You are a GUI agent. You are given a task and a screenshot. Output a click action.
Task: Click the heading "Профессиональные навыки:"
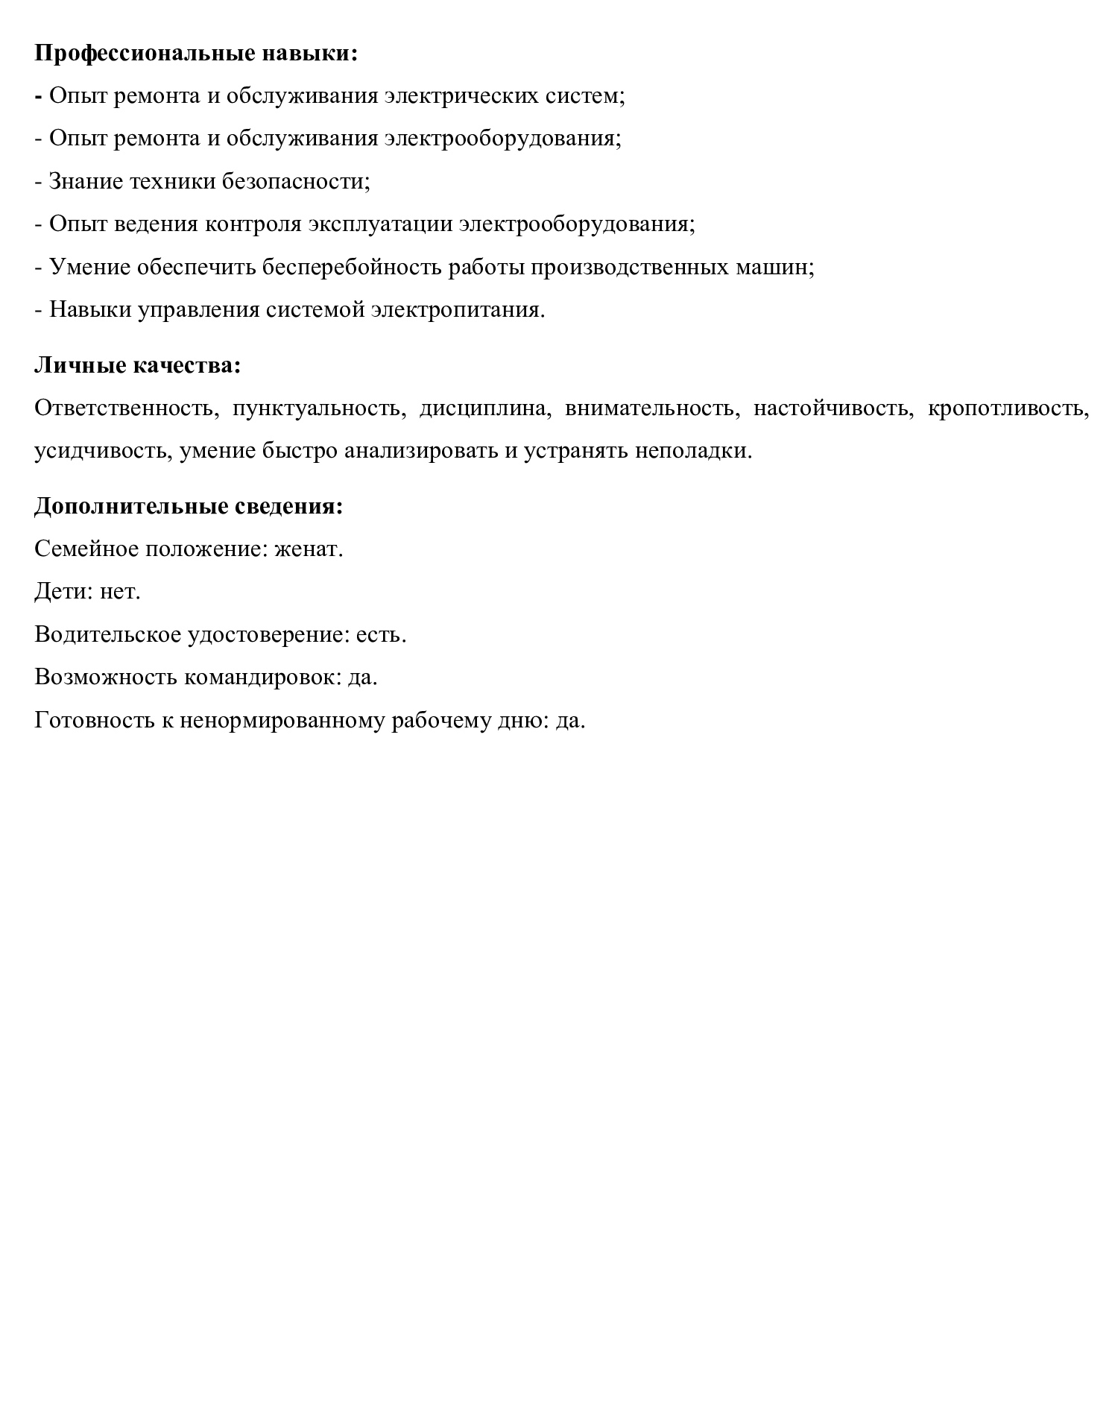tap(196, 54)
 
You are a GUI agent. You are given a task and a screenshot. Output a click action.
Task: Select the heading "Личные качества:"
tap(138, 365)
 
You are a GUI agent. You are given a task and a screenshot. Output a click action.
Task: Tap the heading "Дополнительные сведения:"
tap(189, 506)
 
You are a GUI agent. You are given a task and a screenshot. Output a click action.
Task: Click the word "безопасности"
tap(295, 181)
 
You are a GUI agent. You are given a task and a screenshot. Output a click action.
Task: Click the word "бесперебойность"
tap(352, 267)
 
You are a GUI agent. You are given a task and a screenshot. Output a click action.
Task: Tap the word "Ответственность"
tap(125, 408)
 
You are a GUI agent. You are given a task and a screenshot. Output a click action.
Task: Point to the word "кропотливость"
tap(1008, 408)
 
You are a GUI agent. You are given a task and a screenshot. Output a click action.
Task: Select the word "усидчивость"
tap(103, 451)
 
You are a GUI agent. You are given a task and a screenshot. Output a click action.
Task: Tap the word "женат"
tap(307, 549)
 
